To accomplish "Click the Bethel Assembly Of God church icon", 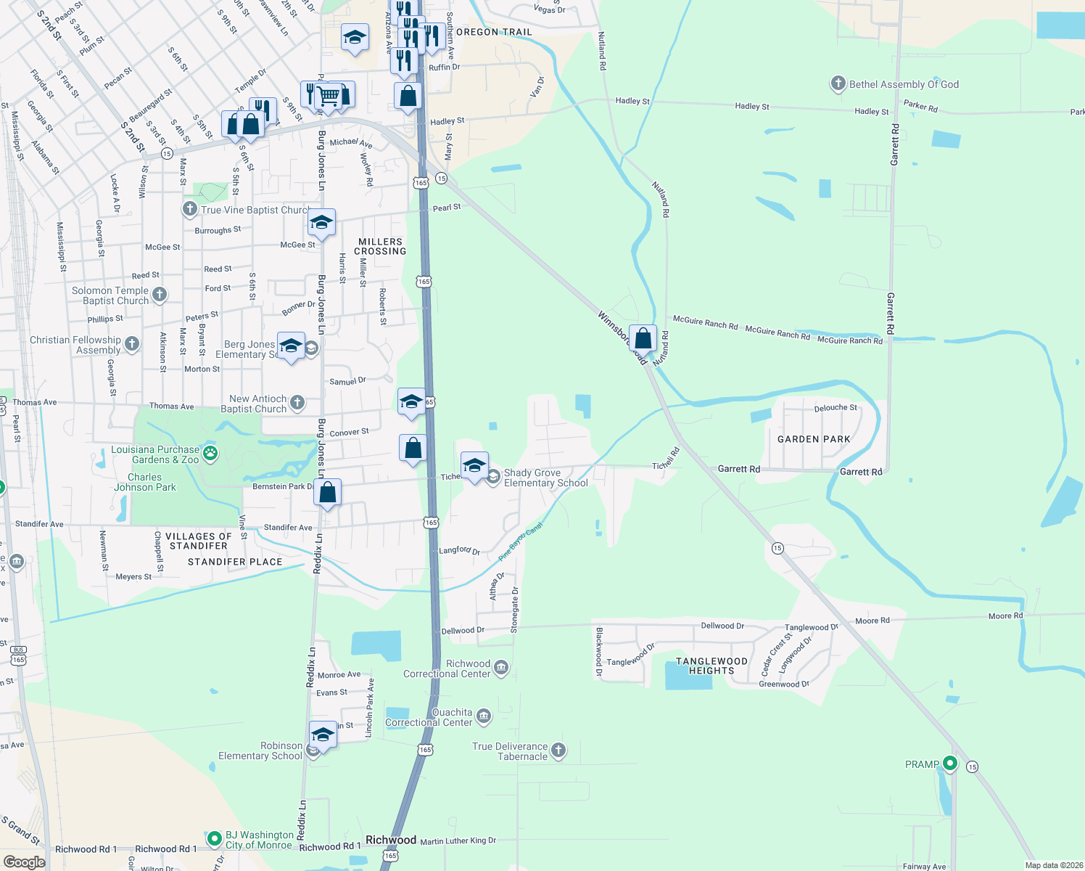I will click(838, 83).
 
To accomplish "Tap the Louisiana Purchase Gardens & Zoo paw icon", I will click(210, 454).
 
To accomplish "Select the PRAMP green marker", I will click(949, 764).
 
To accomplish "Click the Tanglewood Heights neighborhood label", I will click(711, 666).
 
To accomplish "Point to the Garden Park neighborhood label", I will click(814, 439).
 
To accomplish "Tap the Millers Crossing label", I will click(380, 247).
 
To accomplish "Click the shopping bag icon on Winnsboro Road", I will click(643, 338).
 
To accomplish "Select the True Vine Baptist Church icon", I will click(189, 210).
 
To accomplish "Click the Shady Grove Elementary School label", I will click(545, 478).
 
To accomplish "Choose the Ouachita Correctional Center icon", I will click(484, 717).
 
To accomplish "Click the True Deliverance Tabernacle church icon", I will click(558, 751).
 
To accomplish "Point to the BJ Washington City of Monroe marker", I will click(214, 839).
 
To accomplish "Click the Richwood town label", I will click(391, 840).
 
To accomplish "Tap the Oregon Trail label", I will click(494, 32).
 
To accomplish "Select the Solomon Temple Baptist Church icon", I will click(160, 295).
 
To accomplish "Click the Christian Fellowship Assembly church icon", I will click(131, 343).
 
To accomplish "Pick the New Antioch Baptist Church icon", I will click(297, 403).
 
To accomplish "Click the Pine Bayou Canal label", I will click(520, 542).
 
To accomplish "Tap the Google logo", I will click(24, 862).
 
